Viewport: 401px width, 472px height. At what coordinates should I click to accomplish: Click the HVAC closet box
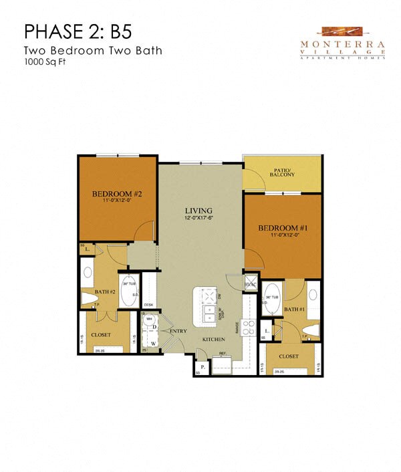coord(251,283)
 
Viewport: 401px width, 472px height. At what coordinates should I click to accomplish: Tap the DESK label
coord(148,305)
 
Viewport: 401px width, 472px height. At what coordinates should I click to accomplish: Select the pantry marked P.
coord(201,367)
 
